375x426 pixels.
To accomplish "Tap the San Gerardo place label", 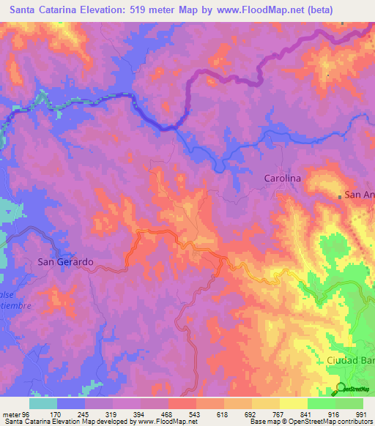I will (65, 261).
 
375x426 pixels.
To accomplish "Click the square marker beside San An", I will (340, 195).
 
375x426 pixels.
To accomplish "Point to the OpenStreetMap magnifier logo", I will (341, 389).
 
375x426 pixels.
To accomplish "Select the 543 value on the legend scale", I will (174, 414).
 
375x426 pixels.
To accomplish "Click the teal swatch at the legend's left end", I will (43, 403).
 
